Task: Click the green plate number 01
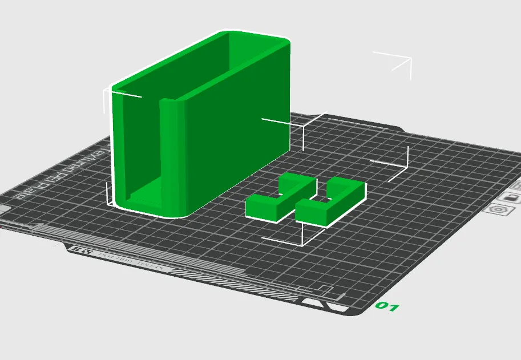(x=386, y=307)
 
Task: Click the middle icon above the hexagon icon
(x=512, y=197)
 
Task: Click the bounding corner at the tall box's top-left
(x=108, y=94)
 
